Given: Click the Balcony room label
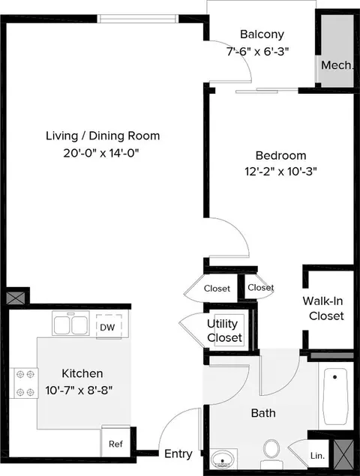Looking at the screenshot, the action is coord(262,34).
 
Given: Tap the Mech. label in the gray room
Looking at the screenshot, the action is coord(337,65).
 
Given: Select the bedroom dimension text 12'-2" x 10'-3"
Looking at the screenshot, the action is coord(280,172).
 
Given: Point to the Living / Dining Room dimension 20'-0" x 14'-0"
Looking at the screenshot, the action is coord(100,153).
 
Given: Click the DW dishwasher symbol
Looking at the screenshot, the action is coord(109,327).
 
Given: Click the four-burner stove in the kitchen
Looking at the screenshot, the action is coord(25,383).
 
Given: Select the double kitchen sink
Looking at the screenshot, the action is coord(70,323).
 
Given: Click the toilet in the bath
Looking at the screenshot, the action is coord(271,454).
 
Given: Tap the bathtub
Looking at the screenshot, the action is coord(335,397).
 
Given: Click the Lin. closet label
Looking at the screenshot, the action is coord(317,455).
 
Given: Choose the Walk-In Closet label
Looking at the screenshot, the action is coord(324,308).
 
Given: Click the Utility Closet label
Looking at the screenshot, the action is coord(224,331).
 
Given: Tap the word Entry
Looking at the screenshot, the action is coord(178,454).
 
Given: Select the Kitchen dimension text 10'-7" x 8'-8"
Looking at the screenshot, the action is coord(79,390).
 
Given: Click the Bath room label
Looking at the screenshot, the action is coord(263,413).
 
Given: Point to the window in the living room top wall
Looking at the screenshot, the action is coord(138,19).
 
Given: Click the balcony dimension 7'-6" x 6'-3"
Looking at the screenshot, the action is coord(257,51).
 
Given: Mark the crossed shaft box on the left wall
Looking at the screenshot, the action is coord(15,298).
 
